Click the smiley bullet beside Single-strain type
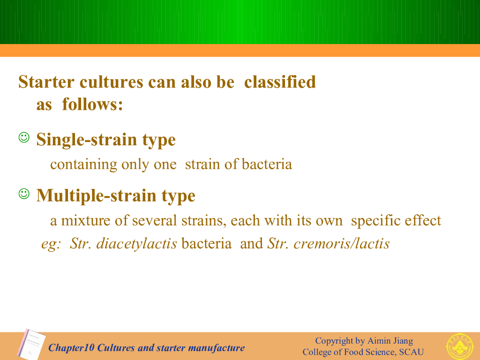tap(24, 137)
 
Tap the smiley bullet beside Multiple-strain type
tap(24, 194)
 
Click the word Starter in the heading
tap(46, 82)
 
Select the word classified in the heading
tap(280, 82)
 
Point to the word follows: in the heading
tap(92, 105)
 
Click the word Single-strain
tap(87, 140)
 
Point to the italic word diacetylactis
tap(136, 244)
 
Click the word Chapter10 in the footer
tap(71, 348)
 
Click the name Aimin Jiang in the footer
tap(390, 341)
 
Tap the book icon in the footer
tap(31, 344)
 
